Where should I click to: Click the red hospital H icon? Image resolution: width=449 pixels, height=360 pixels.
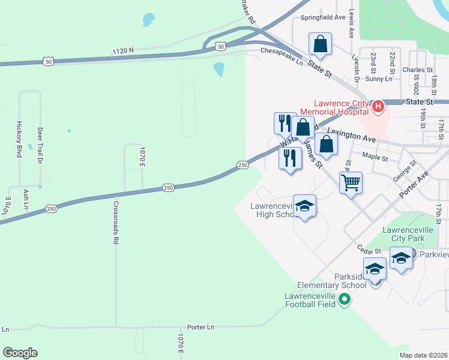pos(378,107)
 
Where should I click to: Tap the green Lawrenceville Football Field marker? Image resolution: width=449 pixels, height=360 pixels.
pos(344,299)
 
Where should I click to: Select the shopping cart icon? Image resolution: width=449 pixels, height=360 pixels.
pos(351,181)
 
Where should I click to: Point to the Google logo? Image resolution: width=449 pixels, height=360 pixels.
pos(19,353)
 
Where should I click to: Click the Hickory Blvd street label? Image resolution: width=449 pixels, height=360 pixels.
pos(18,142)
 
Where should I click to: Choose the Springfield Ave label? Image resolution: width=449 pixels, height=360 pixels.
pos(323,18)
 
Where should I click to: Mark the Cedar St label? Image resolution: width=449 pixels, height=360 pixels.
pos(369,248)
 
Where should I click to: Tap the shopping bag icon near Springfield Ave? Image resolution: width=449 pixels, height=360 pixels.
pos(320,44)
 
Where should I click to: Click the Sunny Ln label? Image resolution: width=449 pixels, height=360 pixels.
pos(378,79)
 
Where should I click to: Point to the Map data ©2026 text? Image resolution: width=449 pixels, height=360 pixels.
pos(423,355)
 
